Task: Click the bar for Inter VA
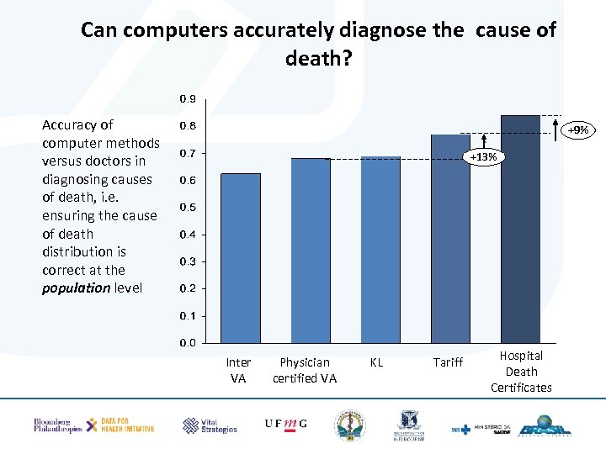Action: point(240,258)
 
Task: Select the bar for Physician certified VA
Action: point(311,251)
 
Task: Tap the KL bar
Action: point(380,250)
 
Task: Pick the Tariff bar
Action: point(450,239)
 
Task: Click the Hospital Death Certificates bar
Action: point(520,229)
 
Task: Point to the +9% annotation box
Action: point(577,130)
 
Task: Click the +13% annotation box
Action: point(483,157)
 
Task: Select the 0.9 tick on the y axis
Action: point(188,99)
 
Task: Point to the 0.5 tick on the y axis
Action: point(188,208)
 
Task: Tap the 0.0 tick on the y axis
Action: point(188,343)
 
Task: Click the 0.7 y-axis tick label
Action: point(188,154)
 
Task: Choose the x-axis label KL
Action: point(376,362)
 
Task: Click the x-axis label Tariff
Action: point(448,362)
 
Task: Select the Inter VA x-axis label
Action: point(238,370)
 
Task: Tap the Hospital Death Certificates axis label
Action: point(521,371)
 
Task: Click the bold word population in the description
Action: point(76,288)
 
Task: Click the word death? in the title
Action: point(318,60)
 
